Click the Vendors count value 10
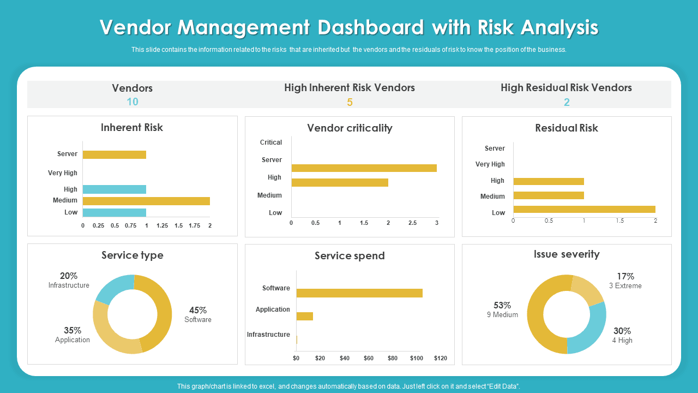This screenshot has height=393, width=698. pos(133,102)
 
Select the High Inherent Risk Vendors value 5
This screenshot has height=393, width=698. pos(350,102)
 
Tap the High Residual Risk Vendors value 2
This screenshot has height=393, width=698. pos(567,102)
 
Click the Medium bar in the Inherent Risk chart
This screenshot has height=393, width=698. pos(146,201)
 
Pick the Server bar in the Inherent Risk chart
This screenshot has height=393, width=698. pos(115,154)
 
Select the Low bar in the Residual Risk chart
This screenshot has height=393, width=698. pos(584,209)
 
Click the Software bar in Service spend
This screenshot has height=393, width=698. pos(359,293)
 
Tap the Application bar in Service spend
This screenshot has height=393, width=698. pos(305,316)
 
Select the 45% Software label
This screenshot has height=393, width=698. pos(197,310)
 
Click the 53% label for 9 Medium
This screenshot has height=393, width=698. pos(502,305)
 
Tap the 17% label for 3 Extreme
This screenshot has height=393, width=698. pos(625,276)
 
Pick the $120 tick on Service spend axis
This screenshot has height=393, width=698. pos(440,358)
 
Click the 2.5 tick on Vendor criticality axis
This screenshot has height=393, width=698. pos(412,223)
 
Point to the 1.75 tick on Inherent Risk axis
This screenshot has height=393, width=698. pos(194,225)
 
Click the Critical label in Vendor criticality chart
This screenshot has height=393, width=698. pos(271,142)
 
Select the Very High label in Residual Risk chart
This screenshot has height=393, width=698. pos(490,164)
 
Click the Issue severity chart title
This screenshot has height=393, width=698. pos(567,254)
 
